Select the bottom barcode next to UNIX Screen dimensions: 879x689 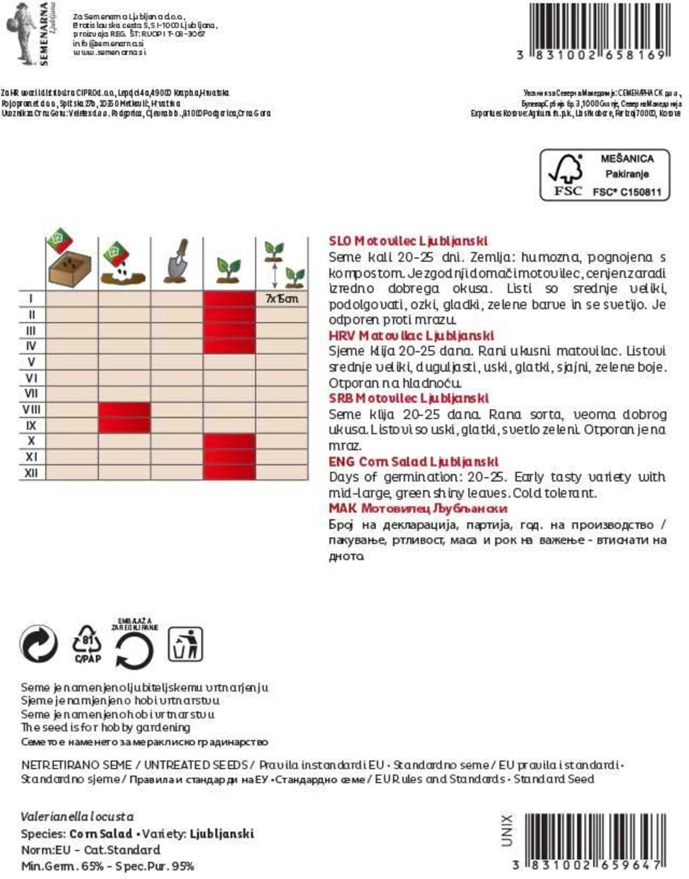591,835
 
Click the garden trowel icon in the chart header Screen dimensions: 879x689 176,262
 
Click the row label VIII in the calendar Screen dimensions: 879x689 32,409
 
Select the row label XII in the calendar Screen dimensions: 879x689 32,472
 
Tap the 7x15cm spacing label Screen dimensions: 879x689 281,298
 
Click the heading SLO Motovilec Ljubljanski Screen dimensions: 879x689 408,241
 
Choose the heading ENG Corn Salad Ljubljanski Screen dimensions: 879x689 413,462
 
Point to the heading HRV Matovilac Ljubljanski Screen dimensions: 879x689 411,335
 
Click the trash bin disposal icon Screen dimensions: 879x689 185,644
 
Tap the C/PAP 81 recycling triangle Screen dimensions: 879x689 87,644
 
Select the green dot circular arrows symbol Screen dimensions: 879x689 39,645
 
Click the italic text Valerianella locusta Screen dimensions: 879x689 77,816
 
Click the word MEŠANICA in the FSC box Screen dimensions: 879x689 626,159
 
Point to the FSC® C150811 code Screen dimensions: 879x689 626,192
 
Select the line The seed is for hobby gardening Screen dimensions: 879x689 106,728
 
